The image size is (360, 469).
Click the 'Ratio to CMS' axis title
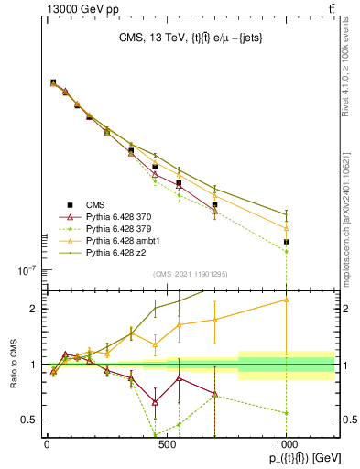13,365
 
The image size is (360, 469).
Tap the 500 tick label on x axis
166,444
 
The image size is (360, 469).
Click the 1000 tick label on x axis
287,444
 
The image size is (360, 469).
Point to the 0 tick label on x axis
46,444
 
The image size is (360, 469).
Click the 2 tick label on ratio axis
32,309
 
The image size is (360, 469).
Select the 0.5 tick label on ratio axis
27,420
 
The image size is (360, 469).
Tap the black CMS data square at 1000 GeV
287,242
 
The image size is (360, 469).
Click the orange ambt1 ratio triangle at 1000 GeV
287,300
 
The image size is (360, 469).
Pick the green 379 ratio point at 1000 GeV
287,413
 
